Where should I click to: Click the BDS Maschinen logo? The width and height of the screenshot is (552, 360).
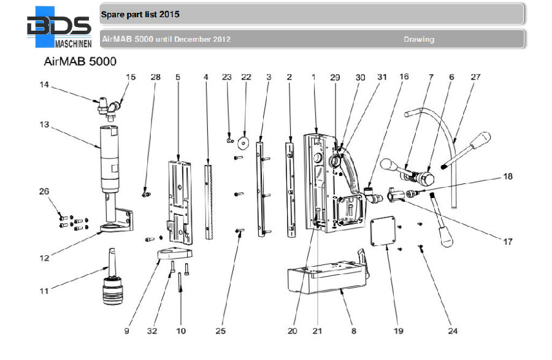pyautogui.click(x=59, y=28)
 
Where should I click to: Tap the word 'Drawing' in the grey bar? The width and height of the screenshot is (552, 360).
pyautogui.click(x=418, y=39)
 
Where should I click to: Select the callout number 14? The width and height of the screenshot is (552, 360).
pyautogui.click(x=44, y=86)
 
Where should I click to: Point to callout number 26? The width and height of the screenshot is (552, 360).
pyautogui.click(x=44, y=191)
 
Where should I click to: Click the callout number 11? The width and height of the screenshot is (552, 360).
pyautogui.click(x=44, y=291)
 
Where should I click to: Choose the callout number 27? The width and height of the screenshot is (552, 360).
pyautogui.click(x=476, y=77)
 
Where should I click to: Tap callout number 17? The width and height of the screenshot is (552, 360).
pyautogui.click(x=508, y=242)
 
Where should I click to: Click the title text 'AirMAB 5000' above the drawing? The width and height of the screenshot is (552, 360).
pyautogui.click(x=80, y=61)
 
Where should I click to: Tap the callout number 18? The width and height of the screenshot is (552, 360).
pyautogui.click(x=508, y=177)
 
